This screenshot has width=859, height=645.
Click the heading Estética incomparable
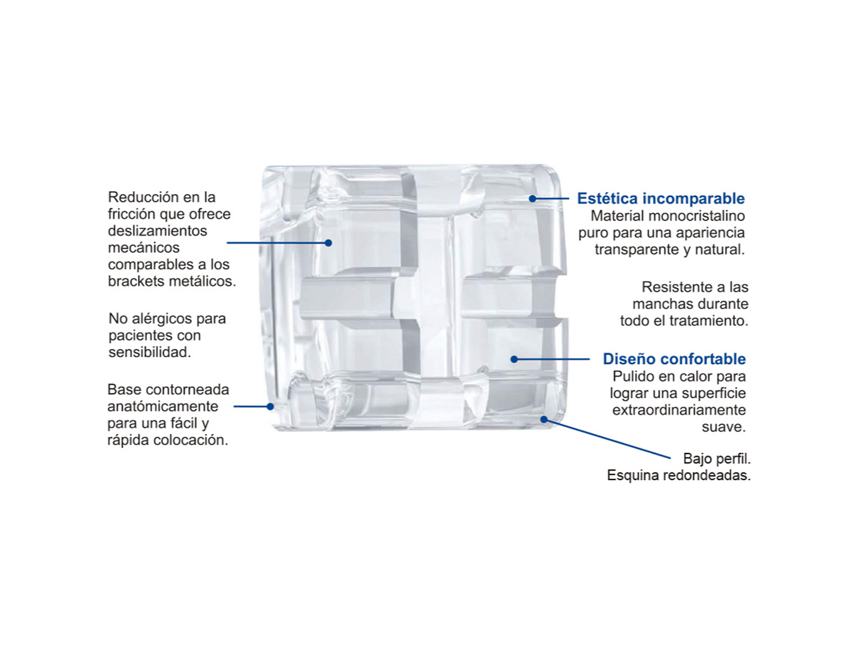pos(661,198)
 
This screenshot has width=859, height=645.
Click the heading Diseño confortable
pos(674,359)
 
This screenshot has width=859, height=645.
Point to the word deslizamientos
pos(157,231)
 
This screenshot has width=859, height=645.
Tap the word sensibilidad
pos(150,353)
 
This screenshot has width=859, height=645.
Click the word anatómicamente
pos(163,406)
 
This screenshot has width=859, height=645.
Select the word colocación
pos(191,440)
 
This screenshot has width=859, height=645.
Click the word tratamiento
pos(709,321)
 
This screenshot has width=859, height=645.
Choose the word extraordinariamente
pos(679,410)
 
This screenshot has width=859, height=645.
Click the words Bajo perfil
pos(717,458)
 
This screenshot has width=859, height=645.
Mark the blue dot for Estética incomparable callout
pos(532,198)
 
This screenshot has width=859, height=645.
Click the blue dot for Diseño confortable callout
pos(514,359)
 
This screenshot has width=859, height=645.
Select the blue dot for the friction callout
pos(328,243)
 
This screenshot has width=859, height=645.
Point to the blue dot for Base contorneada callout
pos(270,406)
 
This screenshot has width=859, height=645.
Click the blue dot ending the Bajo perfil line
pos(544,420)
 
